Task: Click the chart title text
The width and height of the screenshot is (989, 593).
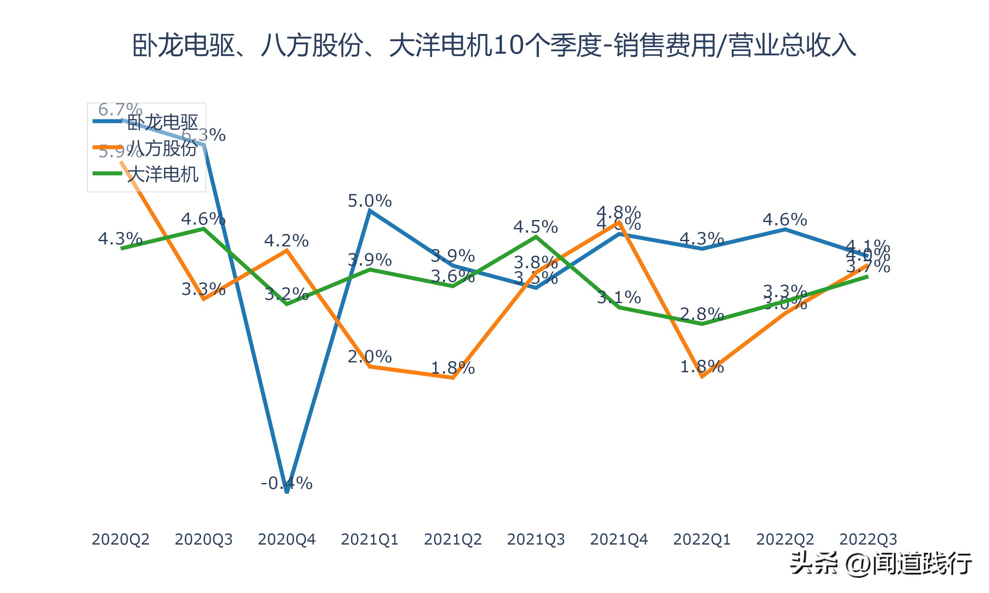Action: pos(494,45)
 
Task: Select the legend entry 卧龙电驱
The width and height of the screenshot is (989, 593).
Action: pos(162,122)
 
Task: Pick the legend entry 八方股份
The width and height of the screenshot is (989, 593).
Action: pos(162,148)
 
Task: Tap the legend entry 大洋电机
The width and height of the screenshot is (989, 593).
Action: pos(162,174)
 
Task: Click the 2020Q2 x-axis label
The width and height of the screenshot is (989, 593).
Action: pos(120,539)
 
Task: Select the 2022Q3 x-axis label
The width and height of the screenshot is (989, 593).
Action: pos(868,539)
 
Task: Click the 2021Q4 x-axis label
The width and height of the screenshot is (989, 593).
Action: pos(619,539)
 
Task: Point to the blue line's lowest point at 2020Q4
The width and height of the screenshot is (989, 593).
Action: pos(286,492)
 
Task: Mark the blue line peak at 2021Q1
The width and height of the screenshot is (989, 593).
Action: pos(370,211)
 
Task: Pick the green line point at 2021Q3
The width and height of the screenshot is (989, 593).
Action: pos(536,237)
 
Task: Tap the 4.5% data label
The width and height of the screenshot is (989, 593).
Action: pos(536,227)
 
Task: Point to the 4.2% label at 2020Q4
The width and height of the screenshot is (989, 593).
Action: pos(286,240)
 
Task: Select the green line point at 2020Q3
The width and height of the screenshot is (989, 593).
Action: pos(203,229)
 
